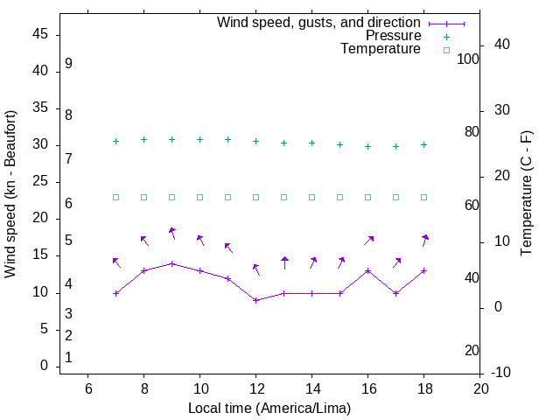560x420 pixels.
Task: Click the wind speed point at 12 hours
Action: pyautogui.click(x=255, y=300)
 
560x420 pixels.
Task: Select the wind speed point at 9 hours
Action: pyautogui.click(x=171, y=263)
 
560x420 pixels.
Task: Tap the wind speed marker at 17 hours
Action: pyautogui.click(x=395, y=293)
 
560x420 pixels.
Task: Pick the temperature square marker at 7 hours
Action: pyautogui.click(x=115, y=197)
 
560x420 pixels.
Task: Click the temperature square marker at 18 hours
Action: pyautogui.click(x=423, y=197)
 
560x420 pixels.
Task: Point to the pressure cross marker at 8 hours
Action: pyautogui.click(x=143, y=139)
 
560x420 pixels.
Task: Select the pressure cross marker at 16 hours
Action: pyautogui.click(x=367, y=146)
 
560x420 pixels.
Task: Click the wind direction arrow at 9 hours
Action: pyautogui.click(x=172, y=233)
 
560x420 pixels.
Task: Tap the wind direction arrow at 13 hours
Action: pyautogui.click(x=284, y=262)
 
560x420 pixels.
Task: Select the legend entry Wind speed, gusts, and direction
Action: pyautogui.click(x=318, y=23)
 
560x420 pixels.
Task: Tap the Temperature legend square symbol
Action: pyautogui.click(x=445, y=50)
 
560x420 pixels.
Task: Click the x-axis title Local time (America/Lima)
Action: pyautogui.click(x=269, y=408)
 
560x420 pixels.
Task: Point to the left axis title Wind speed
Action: pyautogui.click(x=10, y=194)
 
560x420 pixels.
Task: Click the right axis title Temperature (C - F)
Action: pyautogui.click(x=526, y=194)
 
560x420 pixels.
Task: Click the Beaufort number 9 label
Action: pyautogui.click(x=68, y=64)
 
